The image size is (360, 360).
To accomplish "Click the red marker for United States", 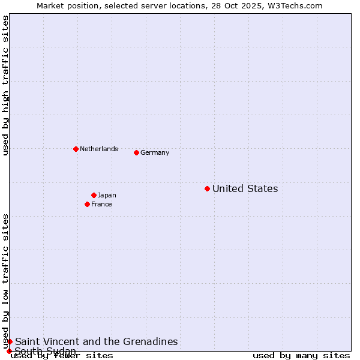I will point(207,188).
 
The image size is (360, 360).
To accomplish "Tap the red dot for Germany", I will point(136,152).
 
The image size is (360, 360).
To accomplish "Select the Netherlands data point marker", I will point(76,149).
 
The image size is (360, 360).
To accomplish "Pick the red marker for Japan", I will point(94,195).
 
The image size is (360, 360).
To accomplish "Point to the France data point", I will point(87,204).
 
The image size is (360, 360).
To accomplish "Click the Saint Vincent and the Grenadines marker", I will point(10,341).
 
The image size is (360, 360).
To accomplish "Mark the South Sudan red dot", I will point(9,351).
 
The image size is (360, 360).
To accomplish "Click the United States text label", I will point(245,189).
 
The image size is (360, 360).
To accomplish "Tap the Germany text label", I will point(155,153).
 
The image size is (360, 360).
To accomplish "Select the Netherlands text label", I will point(99,149).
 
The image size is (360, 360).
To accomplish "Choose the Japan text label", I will point(107,196).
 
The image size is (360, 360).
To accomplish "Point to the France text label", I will point(101,205).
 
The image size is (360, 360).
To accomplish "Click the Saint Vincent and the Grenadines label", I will point(97,342).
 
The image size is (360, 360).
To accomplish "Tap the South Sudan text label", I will point(46,351).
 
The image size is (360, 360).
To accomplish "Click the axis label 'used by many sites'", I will point(301,356).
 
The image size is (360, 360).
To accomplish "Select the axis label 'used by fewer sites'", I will point(62,356).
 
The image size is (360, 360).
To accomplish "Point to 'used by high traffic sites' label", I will point(5,85).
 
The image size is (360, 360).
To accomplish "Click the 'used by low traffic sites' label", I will point(5,281).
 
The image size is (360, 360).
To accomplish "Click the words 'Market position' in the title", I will point(65,5).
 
